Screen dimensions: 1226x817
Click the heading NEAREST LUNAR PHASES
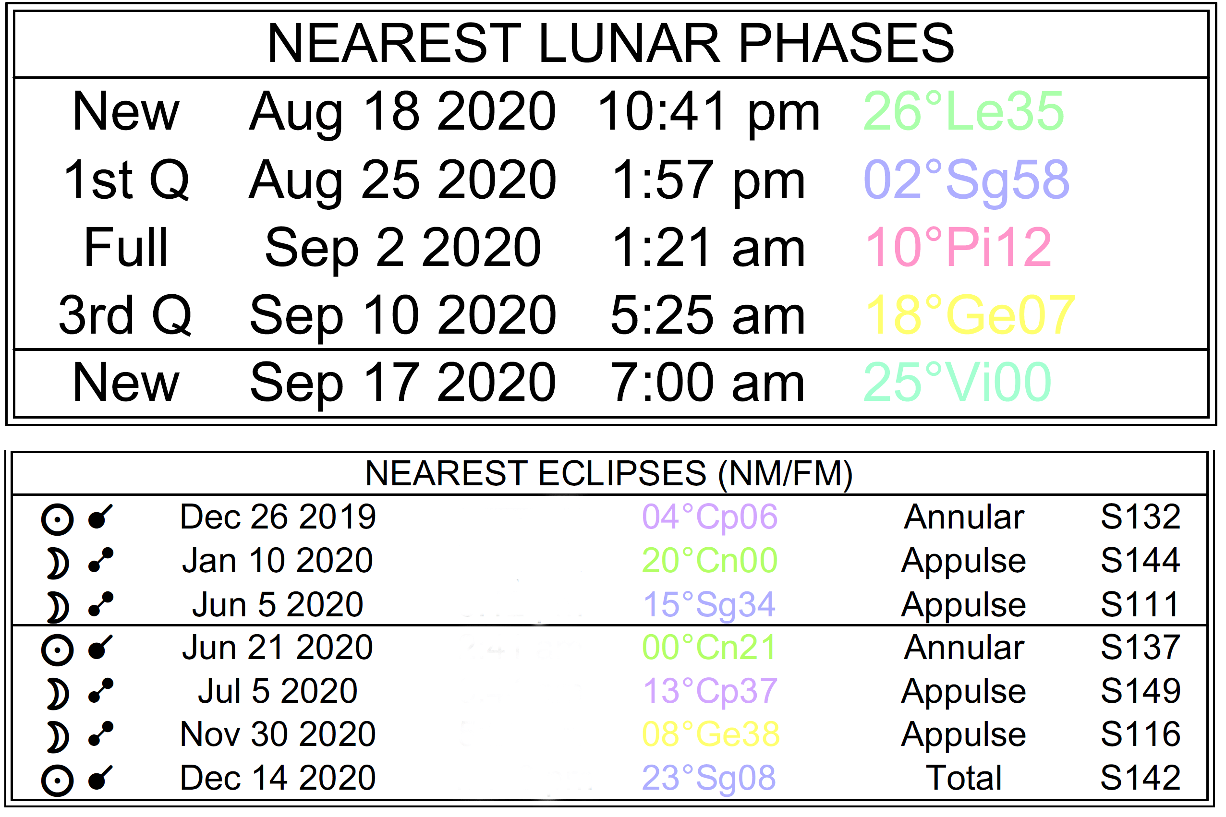pyautogui.click(x=611, y=44)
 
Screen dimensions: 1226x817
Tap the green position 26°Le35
pyautogui.click(x=963, y=111)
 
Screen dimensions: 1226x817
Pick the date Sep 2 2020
pyautogui.click(x=403, y=249)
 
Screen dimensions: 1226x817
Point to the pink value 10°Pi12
pyautogui.click(x=958, y=248)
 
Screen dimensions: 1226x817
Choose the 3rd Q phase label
pyautogui.click(x=125, y=316)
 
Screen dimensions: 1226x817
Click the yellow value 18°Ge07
pyautogui.click(x=970, y=316)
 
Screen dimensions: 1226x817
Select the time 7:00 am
pyautogui.click(x=707, y=384)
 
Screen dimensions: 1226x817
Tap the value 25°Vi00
pyautogui.click(x=958, y=384)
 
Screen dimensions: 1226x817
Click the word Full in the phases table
pyautogui.click(x=126, y=248)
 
